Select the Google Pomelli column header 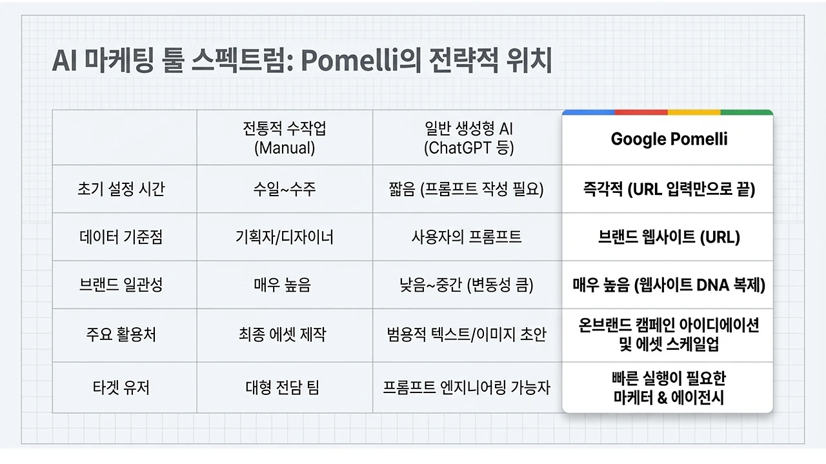point(669,139)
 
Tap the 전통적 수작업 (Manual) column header point(285,138)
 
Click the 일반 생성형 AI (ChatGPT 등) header point(468,138)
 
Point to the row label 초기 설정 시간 point(121,189)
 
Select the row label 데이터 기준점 point(121,237)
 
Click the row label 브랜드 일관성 point(121,285)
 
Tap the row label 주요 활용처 point(121,335)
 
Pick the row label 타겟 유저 point(121,387)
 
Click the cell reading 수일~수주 point(285,189)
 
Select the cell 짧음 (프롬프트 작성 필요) point(468,189)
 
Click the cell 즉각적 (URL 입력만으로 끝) point(669,189)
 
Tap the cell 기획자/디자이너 point(285,237)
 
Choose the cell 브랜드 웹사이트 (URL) point(669,237)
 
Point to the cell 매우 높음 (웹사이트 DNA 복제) point(669,285)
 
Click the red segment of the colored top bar point(641,112)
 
